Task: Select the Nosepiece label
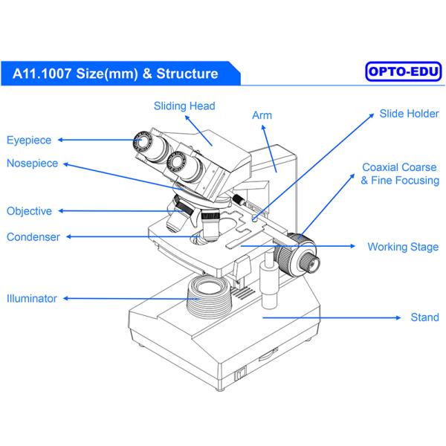tap(32, 163)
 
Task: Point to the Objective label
tap(29, 211)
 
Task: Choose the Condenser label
tap(33, 237)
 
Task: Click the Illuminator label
tap(32, 299)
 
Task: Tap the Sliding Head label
tap(184, 106)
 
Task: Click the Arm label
tap(262, 115)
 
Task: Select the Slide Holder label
tap(409, 114)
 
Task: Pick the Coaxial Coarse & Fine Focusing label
tap(400, 174)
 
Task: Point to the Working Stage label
tap(403, 247)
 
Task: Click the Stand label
tap(424, 317)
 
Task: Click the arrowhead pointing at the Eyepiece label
tap(61, 139)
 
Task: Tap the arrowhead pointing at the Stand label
tap(392, 317)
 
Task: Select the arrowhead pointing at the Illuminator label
tap(65, 299)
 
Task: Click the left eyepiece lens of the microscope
tap(141, 140)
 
